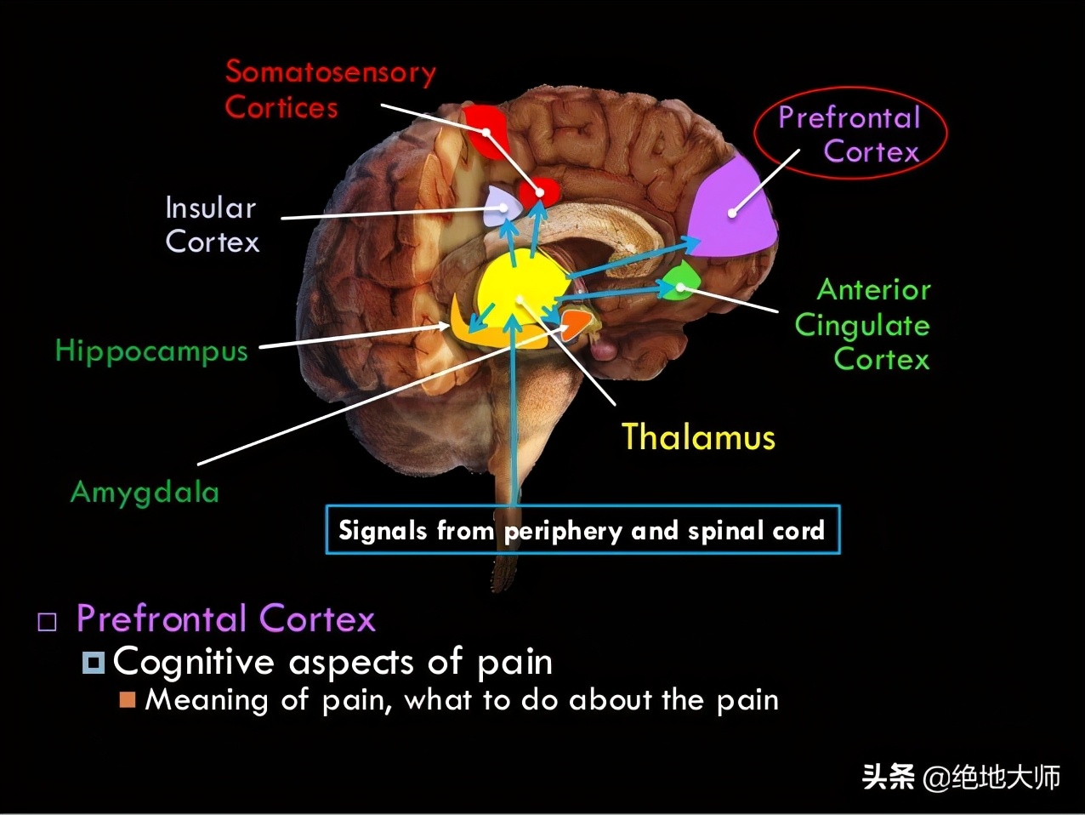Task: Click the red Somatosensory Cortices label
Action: click(x=330, y=89)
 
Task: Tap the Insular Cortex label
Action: click(x=212, y=225)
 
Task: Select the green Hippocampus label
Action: click(x=151, y=351)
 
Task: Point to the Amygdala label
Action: click(x=145, y=492)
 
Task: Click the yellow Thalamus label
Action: click(x=698, y=437)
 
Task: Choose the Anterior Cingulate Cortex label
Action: click(x=863, y=325)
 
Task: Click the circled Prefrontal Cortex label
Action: click(x=850, y=134)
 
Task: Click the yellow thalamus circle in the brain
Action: click(x=520, y=289)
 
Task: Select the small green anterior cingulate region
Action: click(x=680, y=281)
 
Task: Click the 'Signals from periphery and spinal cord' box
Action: click(x=582, y=530)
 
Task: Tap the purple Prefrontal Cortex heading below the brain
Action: click(x=225, y=618)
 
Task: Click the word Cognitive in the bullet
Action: click(x=193, y=662)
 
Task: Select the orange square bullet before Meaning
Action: click(x=128, y=699)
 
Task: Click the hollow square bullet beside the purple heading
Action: click(x=48, y=621)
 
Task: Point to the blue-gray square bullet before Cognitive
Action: click(x=93, y=662)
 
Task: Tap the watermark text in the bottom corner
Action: click(x=961, y=776)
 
